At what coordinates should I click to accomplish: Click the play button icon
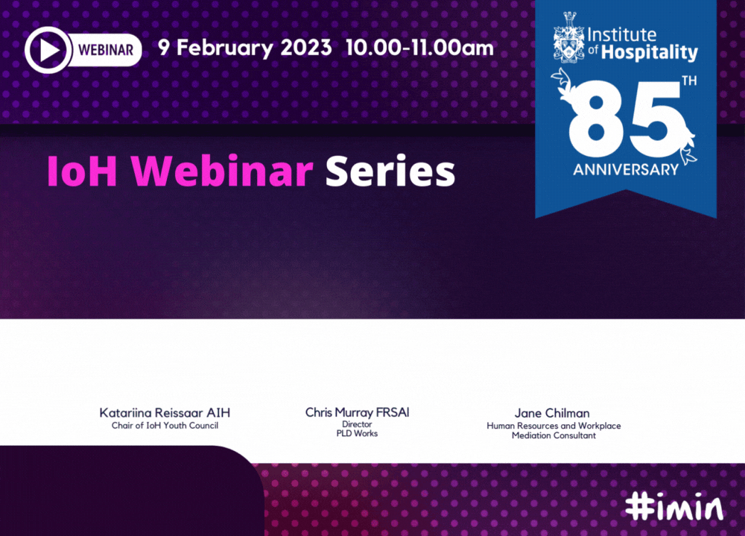[x=48, y=50]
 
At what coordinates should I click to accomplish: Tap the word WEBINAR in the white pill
[x=106, y=50]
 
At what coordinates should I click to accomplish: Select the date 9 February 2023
[x=244, y=48]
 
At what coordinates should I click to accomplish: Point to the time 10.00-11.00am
[x=419, y=48]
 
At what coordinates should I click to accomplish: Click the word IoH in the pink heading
[x=82, y=171]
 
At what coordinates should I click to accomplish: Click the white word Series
[x=390, y=171]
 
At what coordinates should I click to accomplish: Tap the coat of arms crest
[x=568, y=38]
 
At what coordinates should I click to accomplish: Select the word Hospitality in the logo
[x=650, y=52]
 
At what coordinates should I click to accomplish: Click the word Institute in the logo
[x=622, y=35]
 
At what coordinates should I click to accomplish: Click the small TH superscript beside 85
[x=689, y=81]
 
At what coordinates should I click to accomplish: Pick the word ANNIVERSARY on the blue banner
[x=626, y=170]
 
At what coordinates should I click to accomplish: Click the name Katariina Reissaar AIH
[x=165, y=413]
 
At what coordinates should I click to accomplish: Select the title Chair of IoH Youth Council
[x=165, y=426]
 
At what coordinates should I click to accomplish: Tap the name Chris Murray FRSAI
[x=357, y=412]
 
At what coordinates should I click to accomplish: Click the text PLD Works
[x=357, y=433]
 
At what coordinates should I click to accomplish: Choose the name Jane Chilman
[x=552, y=413]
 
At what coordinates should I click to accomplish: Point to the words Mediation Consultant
[x=554, y=435]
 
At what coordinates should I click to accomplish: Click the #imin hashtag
[x=675, y=506]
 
